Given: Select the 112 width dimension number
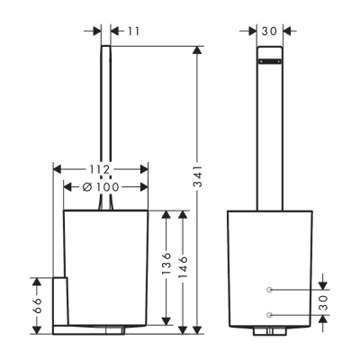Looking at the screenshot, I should click(101, 169).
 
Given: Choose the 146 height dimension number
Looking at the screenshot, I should click(184, 270).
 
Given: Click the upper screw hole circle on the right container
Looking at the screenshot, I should click(269, 290).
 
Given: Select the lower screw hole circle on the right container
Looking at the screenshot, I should click(269, 315).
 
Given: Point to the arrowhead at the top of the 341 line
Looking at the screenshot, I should click(198, 49).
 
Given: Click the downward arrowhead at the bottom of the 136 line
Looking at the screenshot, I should click(166, 321).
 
